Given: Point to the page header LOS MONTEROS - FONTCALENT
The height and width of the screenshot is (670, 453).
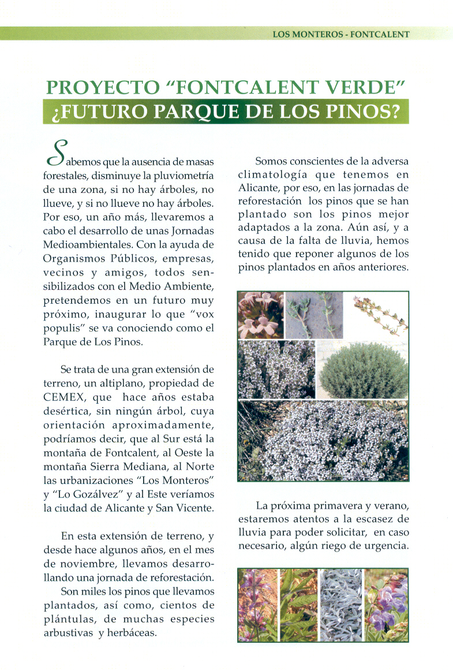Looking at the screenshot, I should click(340, 34).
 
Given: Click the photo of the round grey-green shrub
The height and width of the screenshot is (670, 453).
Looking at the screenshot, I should click(362, 370).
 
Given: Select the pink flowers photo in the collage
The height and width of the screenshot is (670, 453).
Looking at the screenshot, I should click(261, 315).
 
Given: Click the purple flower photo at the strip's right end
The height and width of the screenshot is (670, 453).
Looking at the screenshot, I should click(387, 604).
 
